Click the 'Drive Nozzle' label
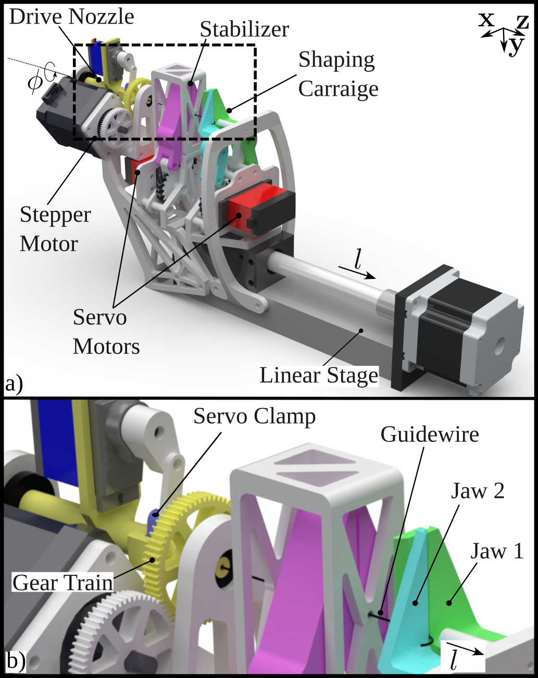click(71, 17)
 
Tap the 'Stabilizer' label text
click(244, 29)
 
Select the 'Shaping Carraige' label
click(338, 74)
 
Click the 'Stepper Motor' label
click(55, 229)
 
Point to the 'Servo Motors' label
click(106, 331)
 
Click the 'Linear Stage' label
click(319, 375)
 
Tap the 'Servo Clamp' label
click(254, 416)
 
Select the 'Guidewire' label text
click(430, 434)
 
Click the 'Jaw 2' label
click(477, 491)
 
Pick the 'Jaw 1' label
click(497, 551)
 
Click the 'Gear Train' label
click(62, 582)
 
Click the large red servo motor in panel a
click(255, 204)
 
